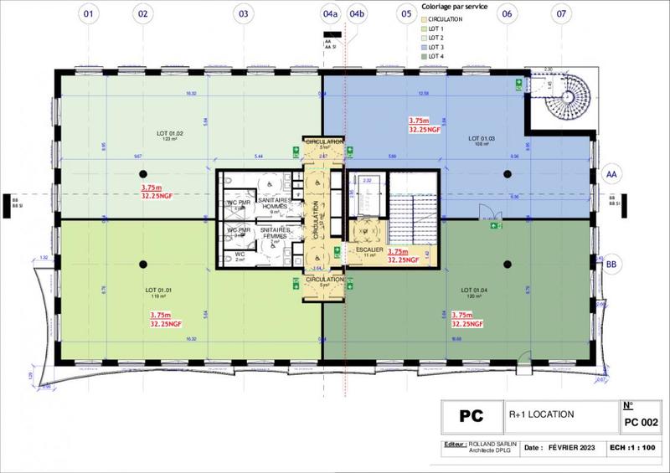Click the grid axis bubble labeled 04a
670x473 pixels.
click(331, 14)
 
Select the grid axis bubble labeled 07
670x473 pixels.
click(560, 14)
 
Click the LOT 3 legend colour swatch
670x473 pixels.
click(423, 48)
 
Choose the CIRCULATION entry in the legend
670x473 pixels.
click(445, 19)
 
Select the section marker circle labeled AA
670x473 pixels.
click(611, 173)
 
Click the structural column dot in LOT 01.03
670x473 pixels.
click(508, 173)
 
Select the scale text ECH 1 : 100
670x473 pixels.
click(632, 448)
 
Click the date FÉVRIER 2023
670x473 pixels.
click(563, 448)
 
